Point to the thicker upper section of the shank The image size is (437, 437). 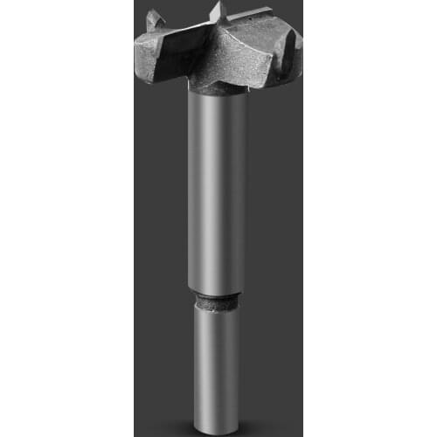218,192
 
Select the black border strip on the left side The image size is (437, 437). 66,218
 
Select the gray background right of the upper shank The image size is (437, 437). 275,192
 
